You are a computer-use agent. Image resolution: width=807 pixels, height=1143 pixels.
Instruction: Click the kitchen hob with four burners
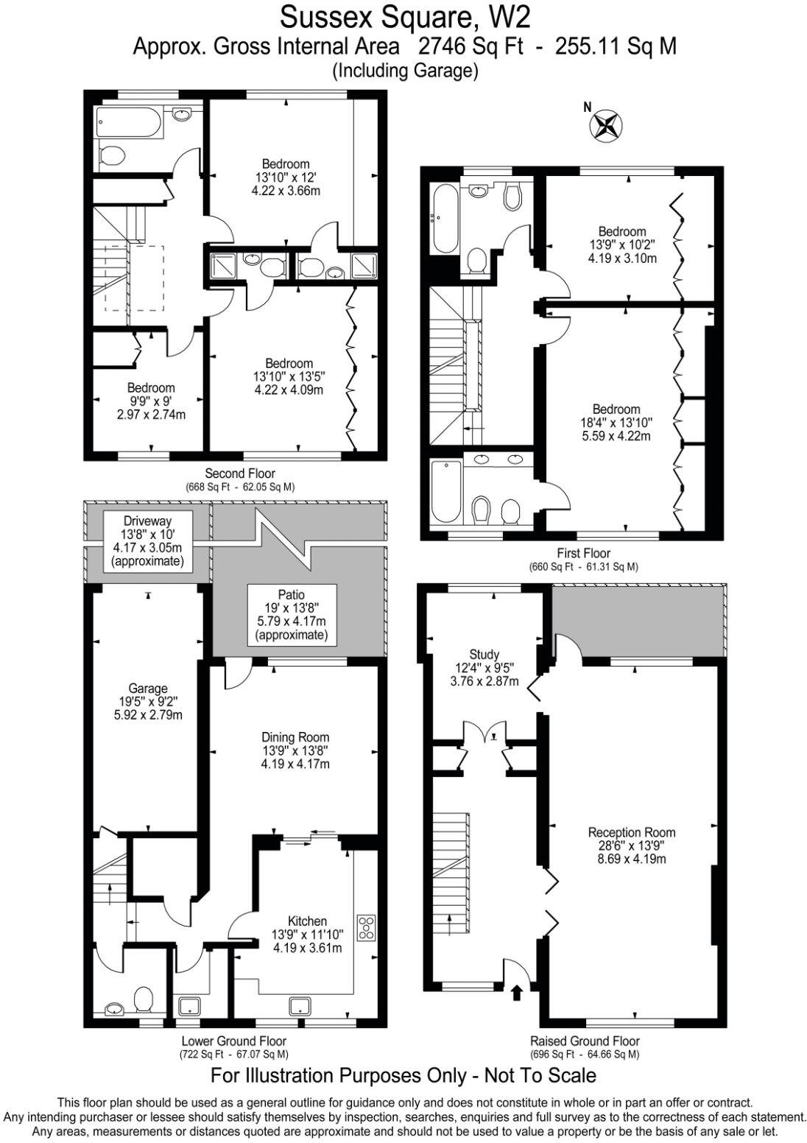pos(366,927)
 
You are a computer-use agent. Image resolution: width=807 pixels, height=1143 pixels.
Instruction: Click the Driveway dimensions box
pos(147,541)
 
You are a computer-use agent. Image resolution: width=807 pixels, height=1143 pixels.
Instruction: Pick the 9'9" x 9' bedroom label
pos(151,400)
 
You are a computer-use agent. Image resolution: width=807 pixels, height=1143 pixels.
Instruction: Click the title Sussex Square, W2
pos(404,16)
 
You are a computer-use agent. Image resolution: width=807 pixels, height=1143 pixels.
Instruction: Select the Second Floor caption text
pos(240,474)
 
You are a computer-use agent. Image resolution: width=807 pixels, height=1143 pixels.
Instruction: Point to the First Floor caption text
pos(583,553)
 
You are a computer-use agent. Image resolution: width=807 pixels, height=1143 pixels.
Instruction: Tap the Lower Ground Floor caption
pos(233,1041)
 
